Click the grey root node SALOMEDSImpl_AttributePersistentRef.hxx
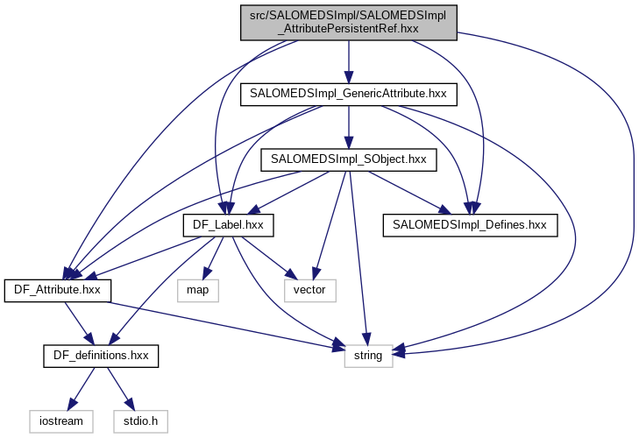click(x=348, y=21)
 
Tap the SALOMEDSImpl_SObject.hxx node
click(x=349, y=159)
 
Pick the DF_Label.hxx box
click(x=229, y=225)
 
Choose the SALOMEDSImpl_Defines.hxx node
click(x=470, y=225)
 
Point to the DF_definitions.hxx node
click(x=101, y=356)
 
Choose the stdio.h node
click(x=139, y=421)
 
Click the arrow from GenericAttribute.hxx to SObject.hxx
click(x=349, y=127)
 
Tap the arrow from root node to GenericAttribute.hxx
click(x=349, y=61)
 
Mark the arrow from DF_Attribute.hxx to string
click(x=219, y=326)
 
